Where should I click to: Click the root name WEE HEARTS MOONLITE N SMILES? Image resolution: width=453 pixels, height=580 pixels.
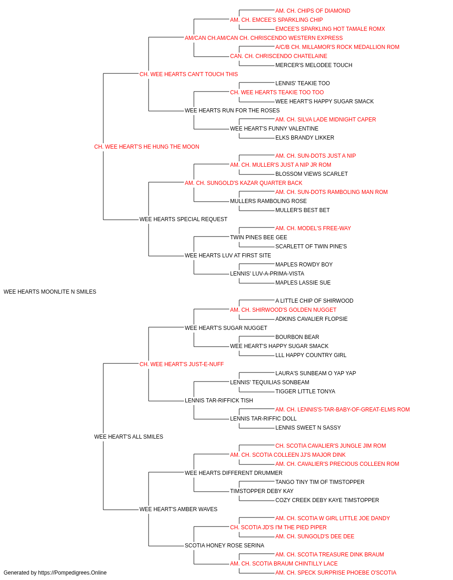(50, 292)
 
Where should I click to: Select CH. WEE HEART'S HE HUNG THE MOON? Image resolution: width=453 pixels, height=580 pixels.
(147, 147)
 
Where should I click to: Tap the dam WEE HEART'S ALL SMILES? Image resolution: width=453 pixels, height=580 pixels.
(129, 437)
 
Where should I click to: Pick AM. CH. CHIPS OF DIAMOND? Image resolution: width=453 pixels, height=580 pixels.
(313, 11)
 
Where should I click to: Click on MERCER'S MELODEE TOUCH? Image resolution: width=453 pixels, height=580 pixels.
(314, 65)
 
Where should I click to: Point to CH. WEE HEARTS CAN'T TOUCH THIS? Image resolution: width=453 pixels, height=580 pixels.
(188, 74)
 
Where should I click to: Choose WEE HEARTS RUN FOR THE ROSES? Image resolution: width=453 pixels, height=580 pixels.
(232, 111)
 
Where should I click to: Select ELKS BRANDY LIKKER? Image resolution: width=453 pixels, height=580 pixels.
(305, 138)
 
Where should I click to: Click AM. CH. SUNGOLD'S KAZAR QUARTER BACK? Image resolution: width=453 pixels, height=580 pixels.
(244, 183)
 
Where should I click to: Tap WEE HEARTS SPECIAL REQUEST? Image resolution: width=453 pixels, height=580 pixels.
(183, 219)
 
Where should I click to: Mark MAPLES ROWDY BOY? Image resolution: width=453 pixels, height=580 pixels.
(304, 265)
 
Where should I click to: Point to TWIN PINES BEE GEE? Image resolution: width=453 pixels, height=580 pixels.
(259, 237)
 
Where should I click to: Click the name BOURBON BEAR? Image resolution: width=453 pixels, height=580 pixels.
(297, 337)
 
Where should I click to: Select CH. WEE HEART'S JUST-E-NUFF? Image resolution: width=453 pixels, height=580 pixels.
(182, 364)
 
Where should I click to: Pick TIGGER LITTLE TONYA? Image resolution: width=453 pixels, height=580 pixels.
(305, 391)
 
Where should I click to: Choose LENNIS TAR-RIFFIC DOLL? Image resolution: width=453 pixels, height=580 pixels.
(263, 419)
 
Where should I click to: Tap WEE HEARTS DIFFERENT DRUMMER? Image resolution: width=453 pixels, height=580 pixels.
(233, 473)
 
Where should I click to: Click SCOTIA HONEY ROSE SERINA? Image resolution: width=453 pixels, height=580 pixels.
(224, 546)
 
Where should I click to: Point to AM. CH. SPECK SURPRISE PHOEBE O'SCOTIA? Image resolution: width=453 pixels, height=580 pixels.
(336, 573)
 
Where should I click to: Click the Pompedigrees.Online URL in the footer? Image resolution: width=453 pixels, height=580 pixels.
(72, 573)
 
